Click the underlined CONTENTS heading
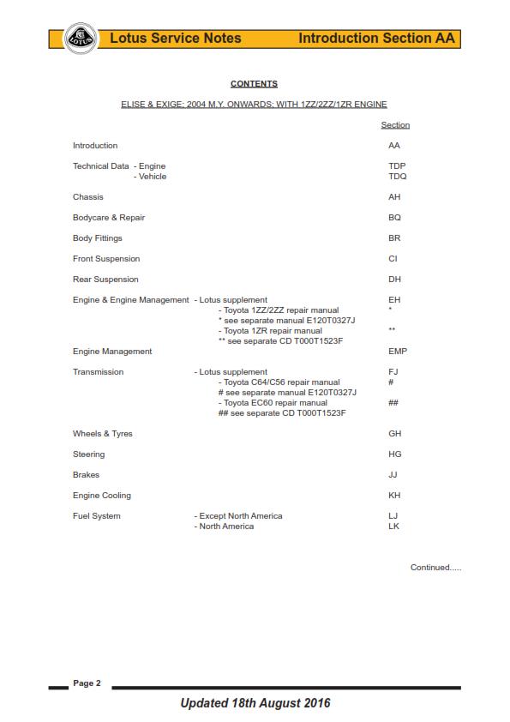254,84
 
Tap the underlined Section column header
395,125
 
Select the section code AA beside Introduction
394,146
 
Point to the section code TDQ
398,177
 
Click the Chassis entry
88,197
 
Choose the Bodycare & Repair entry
109,218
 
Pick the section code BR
394,238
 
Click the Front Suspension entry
106,259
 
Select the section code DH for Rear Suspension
394,280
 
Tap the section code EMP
398,352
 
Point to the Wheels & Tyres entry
103,434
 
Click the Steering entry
89,454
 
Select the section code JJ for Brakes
393,475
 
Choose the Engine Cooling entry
102,496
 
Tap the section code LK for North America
393,526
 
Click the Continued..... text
435,568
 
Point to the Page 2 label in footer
87,683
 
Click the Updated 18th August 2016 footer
255,703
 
